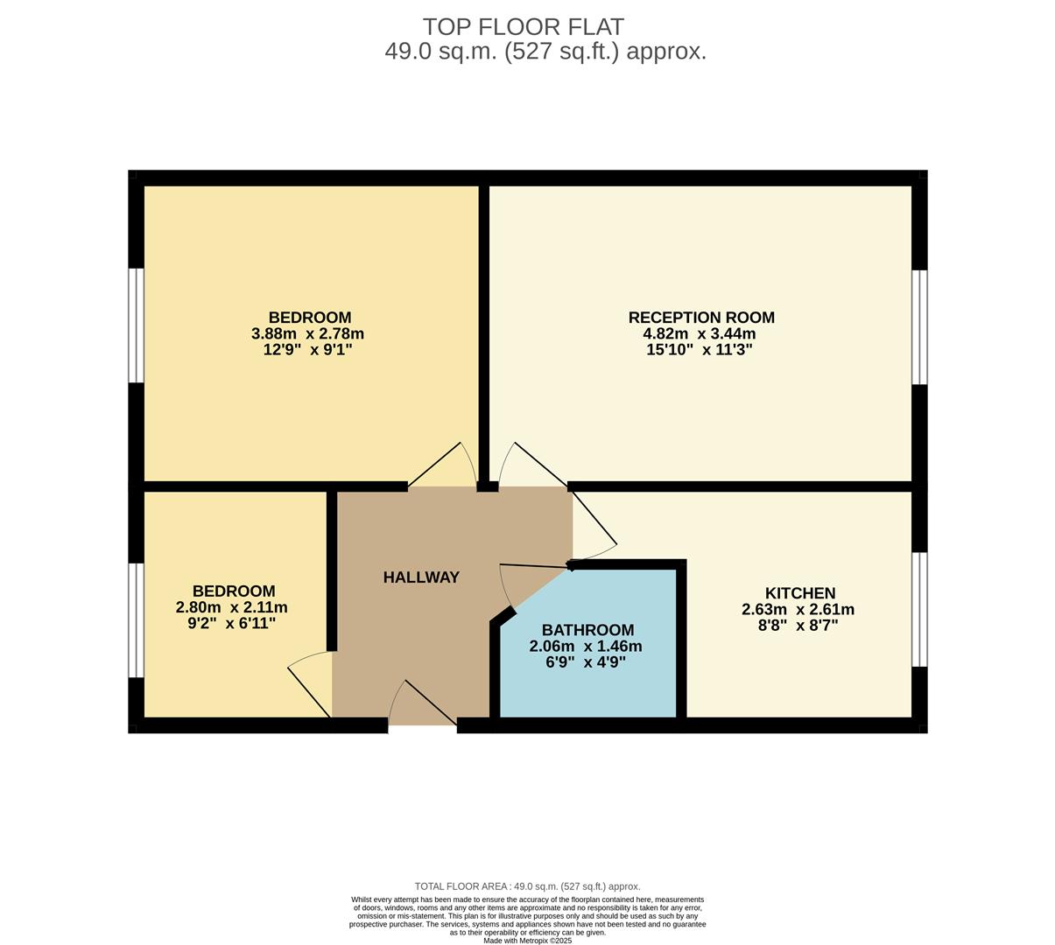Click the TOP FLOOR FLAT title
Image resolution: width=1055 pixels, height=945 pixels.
(x=524, y=27)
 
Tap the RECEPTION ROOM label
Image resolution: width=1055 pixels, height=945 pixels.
(x=701, y=318)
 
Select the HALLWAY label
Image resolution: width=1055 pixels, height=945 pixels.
(x=421, y=577)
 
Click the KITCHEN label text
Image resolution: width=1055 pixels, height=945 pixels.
(x=800, y=593)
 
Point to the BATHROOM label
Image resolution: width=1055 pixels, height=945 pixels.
(x=587, y=630)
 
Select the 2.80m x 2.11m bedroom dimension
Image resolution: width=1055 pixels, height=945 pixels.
(x=233, y=607)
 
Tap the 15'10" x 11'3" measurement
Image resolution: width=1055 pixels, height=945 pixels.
(x=701, y=350)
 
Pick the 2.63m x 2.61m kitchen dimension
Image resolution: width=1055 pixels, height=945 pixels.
(x=798, y=610)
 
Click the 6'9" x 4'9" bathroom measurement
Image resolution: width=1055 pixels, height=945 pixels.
(x=586, y=662)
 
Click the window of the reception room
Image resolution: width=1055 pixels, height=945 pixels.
(x=919, y=326)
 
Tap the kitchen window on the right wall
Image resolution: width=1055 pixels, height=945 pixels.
(x=919, y=609)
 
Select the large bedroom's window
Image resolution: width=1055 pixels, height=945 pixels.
(x=136, y=325)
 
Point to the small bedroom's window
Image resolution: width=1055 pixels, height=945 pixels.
(x=136, y=619)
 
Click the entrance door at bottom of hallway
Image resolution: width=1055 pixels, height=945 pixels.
(x=422, y=705)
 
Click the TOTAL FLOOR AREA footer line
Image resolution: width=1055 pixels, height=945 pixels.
(x=527, y=886)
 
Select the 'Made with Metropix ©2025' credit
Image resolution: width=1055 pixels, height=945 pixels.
(x=527, y=941)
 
